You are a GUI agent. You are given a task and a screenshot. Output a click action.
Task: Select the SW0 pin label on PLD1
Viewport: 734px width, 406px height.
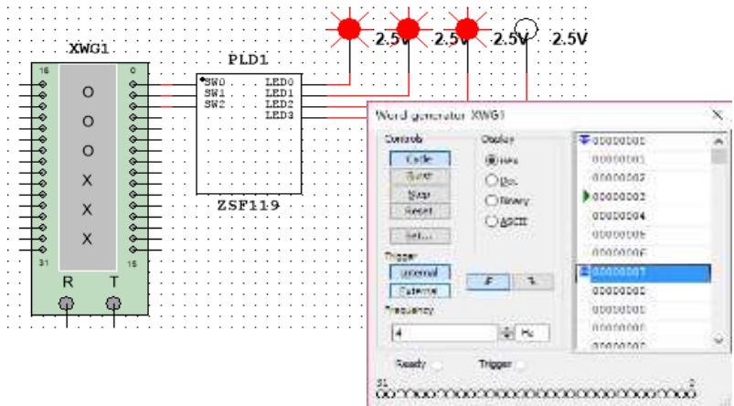click(x=215, y=82)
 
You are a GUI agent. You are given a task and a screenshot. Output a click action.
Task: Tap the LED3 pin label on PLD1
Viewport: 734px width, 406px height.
click(x=278, y=115)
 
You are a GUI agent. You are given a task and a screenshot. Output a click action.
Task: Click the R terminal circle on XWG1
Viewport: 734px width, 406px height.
click(x=67, y=302)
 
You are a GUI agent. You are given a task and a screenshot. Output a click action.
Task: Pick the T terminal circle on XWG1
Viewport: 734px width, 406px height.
click(x=114, y=302)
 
